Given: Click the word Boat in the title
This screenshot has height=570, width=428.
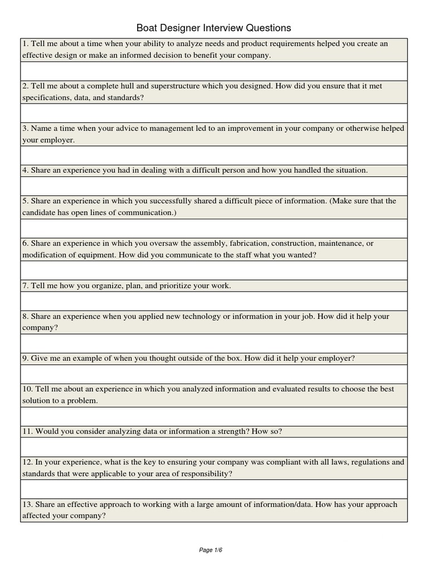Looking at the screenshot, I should (x=147, y=28).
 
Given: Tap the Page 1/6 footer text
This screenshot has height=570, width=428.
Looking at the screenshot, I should (x=211, y=550).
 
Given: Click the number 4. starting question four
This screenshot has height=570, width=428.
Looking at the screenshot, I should (x=26, y=170).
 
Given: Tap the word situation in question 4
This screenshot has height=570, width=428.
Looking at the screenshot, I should (x=350, y=170).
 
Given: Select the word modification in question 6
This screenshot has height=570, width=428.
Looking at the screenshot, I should (x=45, y=255).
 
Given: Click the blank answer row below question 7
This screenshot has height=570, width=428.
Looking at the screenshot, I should (x=213, y=301).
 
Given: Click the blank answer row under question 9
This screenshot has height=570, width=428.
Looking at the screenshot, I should (x=213, y=374).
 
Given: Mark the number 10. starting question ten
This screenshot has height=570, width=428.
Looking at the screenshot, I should (x=28, y=389).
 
